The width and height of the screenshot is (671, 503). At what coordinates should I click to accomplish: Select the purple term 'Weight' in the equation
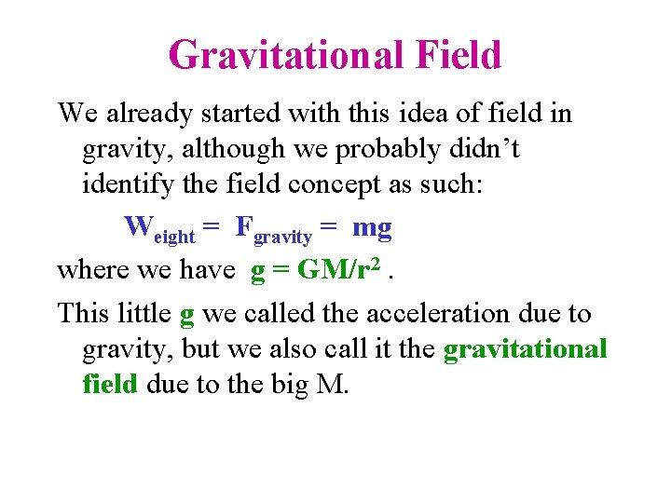click(x=158, y=228)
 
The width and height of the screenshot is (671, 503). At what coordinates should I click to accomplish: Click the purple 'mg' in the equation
click(x=372, y=228)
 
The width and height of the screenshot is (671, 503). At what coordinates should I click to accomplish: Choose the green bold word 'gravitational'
click(x=525, y=349)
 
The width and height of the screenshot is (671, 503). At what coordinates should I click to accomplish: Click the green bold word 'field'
click(x=109, y=385)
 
